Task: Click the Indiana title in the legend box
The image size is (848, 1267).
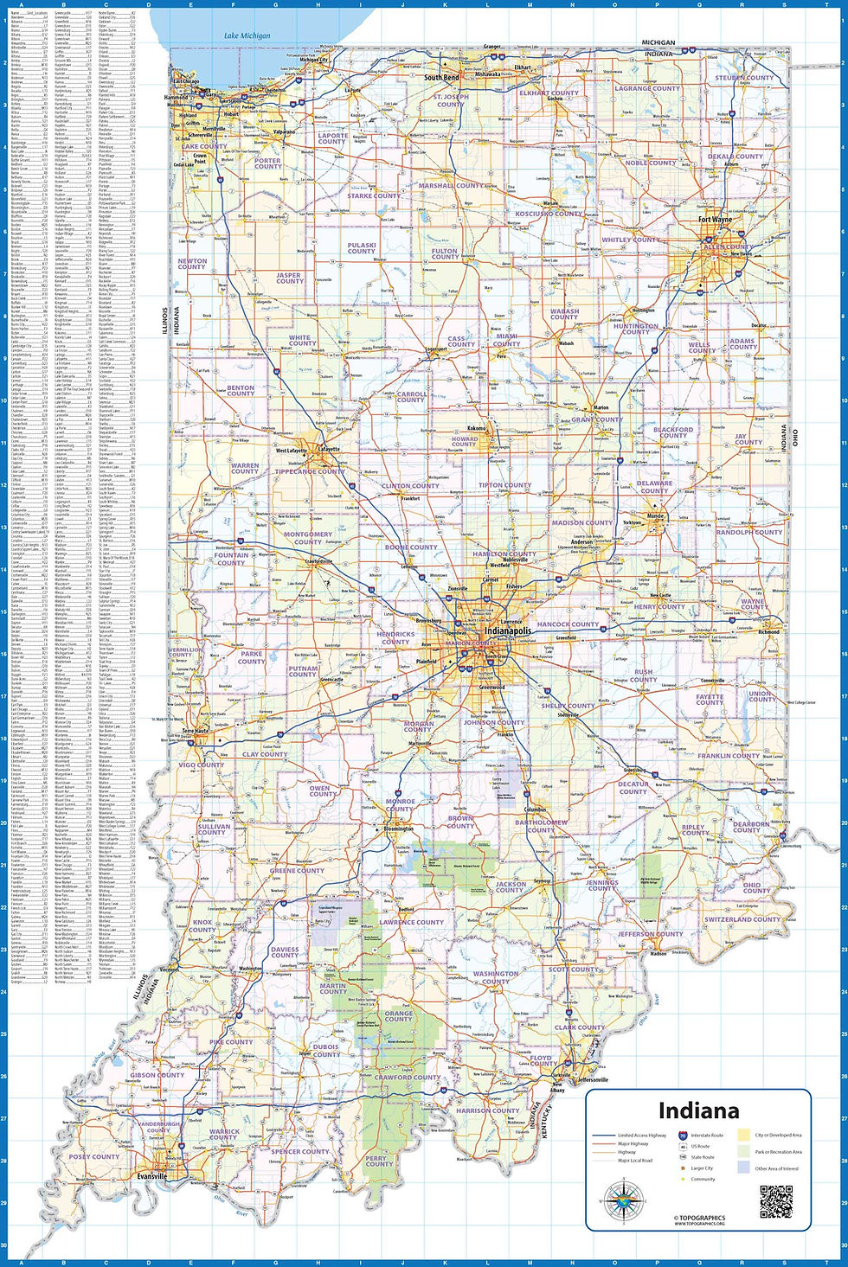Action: coord(698,1110)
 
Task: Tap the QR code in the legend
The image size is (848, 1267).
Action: coord(775,1201)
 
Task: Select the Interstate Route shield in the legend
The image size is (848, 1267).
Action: coord(683,1135)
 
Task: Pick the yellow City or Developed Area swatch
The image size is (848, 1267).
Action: coord(743,1135)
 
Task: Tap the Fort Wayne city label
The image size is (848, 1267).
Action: coord(715,220)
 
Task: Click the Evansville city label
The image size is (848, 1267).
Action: coord(151,1176)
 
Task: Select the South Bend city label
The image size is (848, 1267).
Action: coord(441,78)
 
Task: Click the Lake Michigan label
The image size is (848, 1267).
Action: coord(247,35)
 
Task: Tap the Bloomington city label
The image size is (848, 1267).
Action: coord(398,829)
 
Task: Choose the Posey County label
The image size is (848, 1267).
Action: coord(94,1156)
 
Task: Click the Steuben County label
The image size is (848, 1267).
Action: coord(744,78)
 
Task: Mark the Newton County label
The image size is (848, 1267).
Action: coord(192,264)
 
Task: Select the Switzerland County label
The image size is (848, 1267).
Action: coord(742,919)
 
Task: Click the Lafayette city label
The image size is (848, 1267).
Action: coord(330,450)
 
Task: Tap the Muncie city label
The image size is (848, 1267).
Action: coord(656,516)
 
